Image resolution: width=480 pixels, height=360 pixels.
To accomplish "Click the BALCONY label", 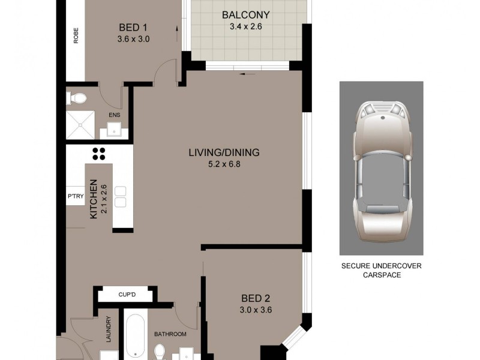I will tap(245, 15).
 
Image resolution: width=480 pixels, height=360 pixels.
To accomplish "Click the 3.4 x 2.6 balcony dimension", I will tap(245, 26).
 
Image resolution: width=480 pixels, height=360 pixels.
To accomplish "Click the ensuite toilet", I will tap(78, 97).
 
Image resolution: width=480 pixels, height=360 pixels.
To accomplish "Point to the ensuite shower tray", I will tap(80, 124).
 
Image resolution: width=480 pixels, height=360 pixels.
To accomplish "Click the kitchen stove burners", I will tap(98, 154).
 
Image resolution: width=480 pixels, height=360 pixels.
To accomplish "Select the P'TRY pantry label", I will tap(75, 196).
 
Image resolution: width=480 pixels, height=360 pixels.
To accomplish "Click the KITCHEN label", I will tap(94, 199).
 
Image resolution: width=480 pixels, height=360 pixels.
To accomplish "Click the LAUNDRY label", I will tap(109, 329).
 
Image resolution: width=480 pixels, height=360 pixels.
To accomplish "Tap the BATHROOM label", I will tap(170, 334).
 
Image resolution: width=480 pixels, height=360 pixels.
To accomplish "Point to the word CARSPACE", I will tap(381, 275).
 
